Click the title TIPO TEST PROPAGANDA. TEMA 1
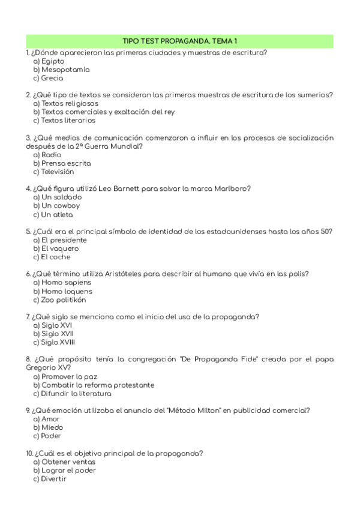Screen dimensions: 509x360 coord(179,41)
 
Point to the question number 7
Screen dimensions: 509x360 coord(28,316)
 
